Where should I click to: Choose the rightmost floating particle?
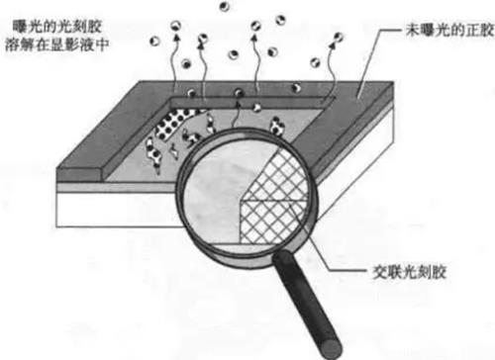point(338,39)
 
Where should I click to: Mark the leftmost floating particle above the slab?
point(155,41)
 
